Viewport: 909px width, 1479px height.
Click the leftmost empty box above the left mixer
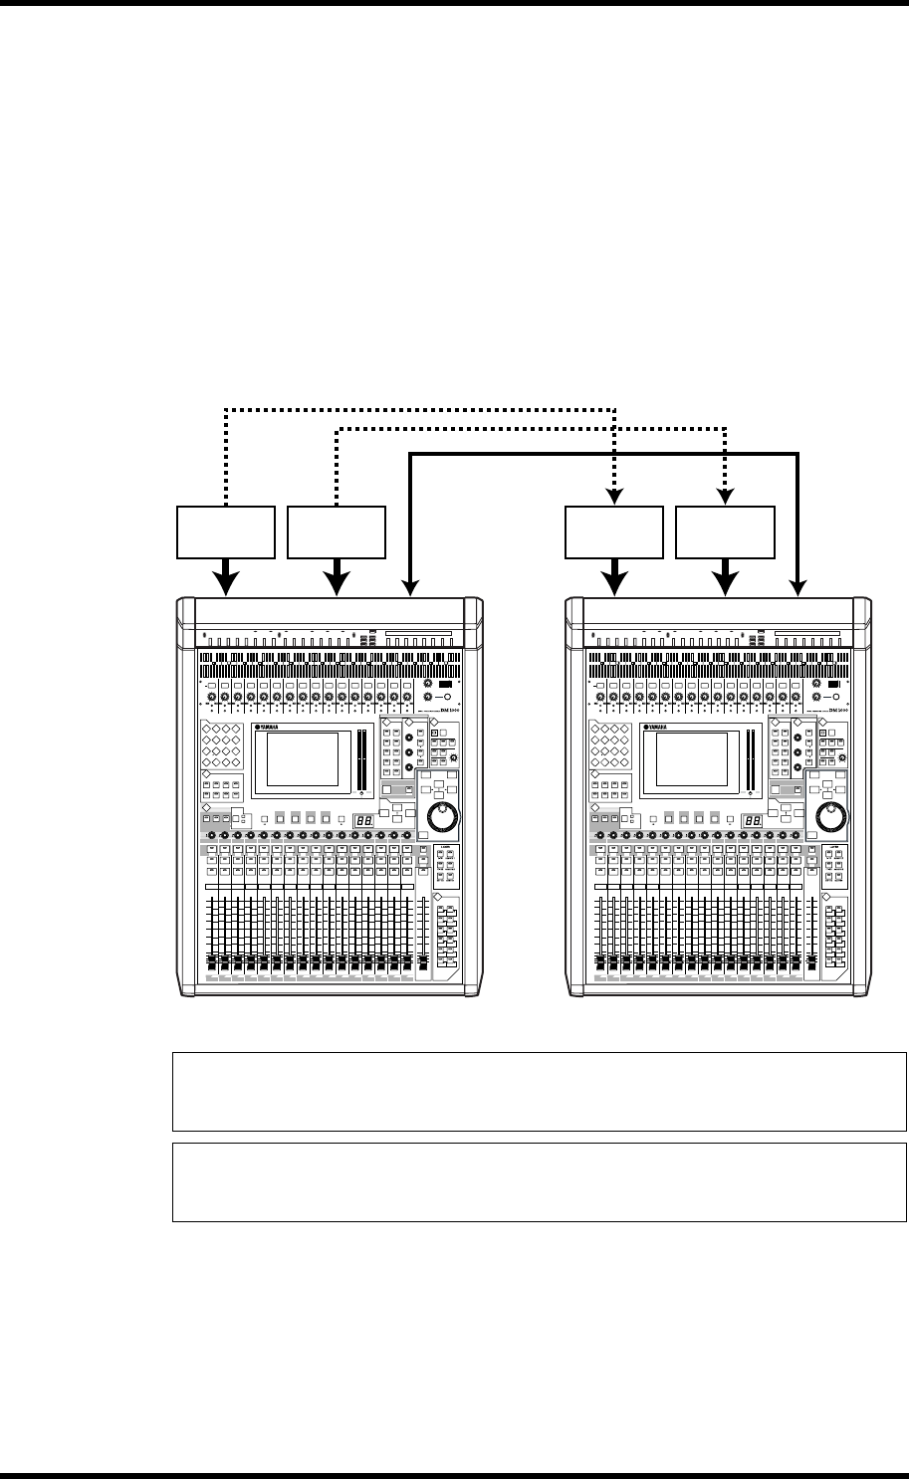tap(226, 534)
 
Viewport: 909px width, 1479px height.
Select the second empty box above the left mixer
tap(337, 534)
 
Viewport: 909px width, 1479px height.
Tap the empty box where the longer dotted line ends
tap(614, 534)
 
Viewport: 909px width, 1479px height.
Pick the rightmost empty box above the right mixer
tap(725, 534)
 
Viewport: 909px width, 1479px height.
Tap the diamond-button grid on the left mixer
tap(219, 742)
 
